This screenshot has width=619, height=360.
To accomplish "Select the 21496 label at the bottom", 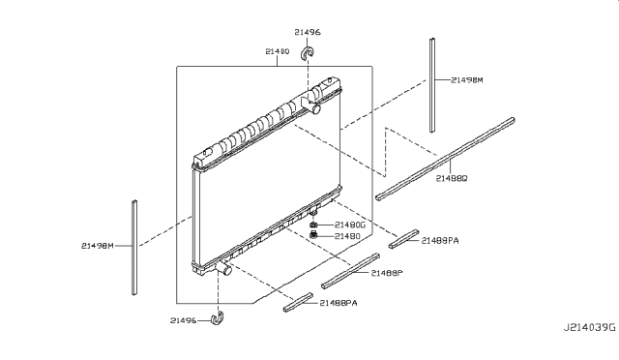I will pos(183,320).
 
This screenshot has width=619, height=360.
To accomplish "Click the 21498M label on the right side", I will pos(467,81).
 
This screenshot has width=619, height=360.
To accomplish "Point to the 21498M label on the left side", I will pos(98,246).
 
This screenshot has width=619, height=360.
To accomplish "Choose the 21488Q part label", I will pos(452,179).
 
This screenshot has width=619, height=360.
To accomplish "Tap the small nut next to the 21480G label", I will pos(315,225).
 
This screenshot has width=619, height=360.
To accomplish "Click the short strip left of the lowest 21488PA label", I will pos(298,304).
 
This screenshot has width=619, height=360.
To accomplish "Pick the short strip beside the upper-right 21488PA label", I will pos(405,240).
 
